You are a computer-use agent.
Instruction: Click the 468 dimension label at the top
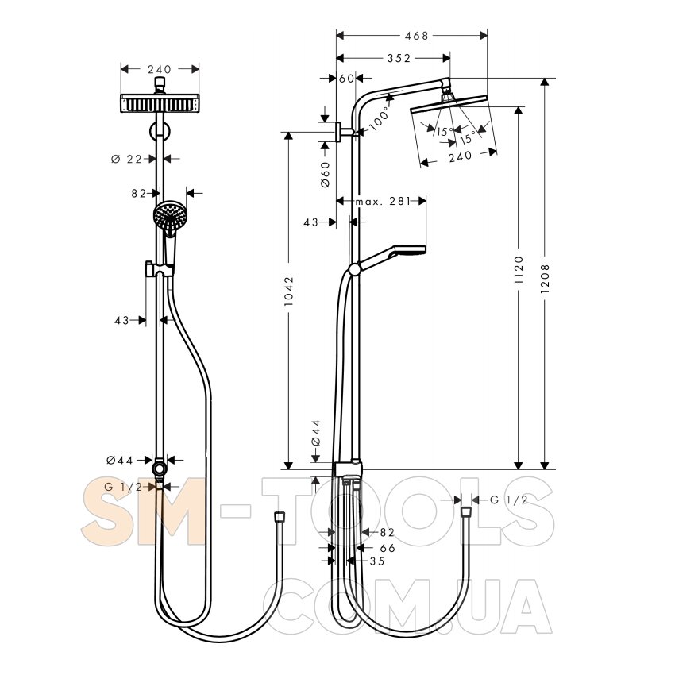tap(416, 36)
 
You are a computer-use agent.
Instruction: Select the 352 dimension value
tap(399, 58)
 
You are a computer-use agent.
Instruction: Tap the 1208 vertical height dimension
tap(545, 279)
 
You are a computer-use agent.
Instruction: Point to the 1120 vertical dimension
tap(519, 270)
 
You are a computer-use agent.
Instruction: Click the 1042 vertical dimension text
tap(288, 291)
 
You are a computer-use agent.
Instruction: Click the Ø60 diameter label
tap(326, 175)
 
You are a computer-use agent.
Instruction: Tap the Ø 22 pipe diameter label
tap(126, 160)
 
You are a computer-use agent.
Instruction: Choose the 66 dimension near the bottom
tap(388, 548)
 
